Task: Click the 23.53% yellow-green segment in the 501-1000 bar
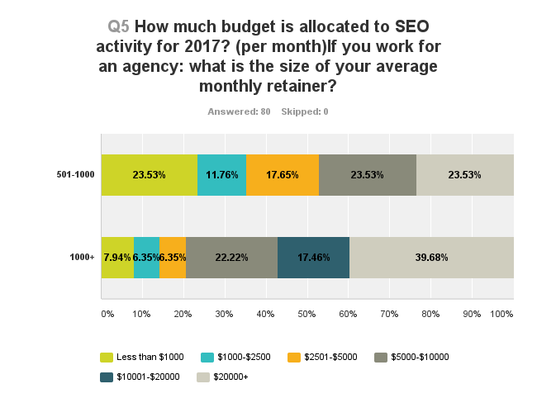150,175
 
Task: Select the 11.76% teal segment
222,175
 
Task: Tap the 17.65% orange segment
283,175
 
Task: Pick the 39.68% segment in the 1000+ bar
431,258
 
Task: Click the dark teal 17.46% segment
313,258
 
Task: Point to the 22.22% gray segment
232,258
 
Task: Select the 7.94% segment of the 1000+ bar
117,258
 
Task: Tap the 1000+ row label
83,258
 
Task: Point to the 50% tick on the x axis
307,315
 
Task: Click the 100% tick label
501,315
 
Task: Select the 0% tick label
107,315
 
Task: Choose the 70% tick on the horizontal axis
389,315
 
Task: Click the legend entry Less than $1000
148,358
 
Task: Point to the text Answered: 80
239,111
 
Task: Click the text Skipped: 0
305,111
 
